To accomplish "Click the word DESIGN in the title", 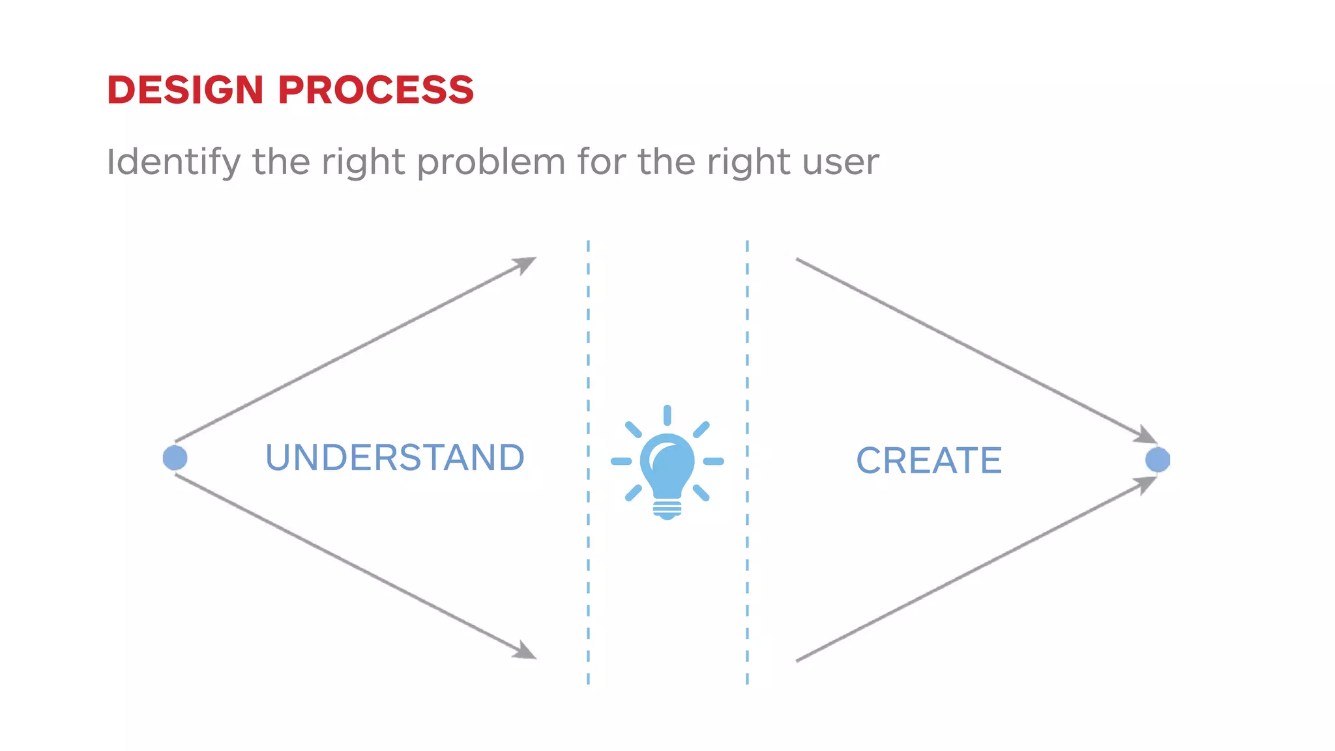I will tap(184, 90).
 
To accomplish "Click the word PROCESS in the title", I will tap(376, 90).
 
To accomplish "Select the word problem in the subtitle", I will tap(491, 162).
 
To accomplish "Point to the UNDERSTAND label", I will tap(394, 458).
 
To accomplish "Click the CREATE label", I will tap(928, 461).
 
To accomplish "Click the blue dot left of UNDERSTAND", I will tap(175, 458).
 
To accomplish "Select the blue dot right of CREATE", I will tap(1157, 460).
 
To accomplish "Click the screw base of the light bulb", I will tap(667, 508).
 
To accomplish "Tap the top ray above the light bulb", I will tap(667, 415).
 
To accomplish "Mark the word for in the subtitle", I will tap(601, 162).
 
